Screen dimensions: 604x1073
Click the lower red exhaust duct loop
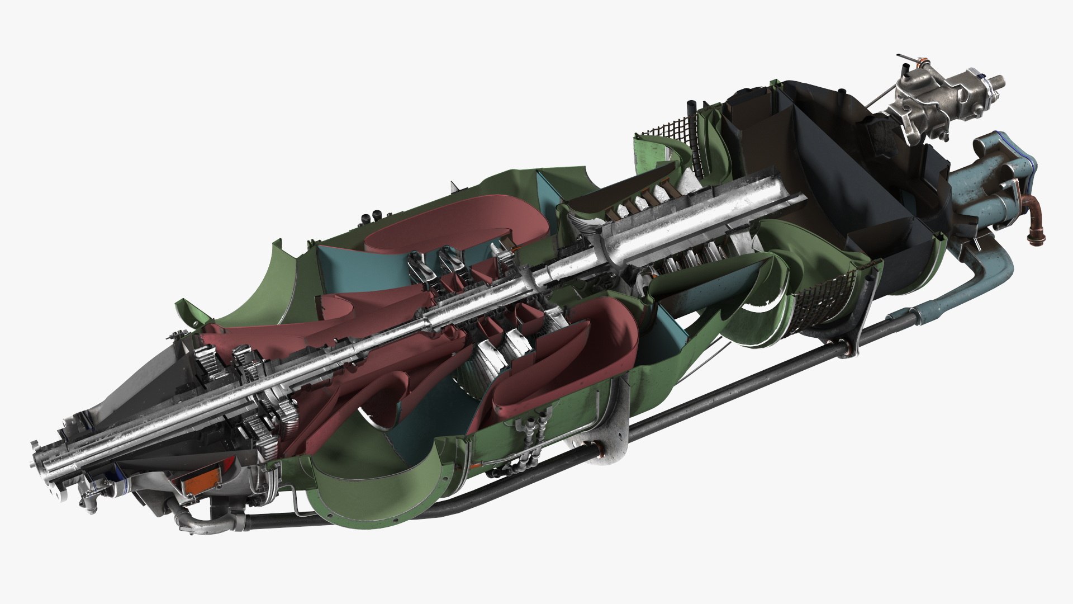point(564,358)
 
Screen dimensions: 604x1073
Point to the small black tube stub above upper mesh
point(691,107)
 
